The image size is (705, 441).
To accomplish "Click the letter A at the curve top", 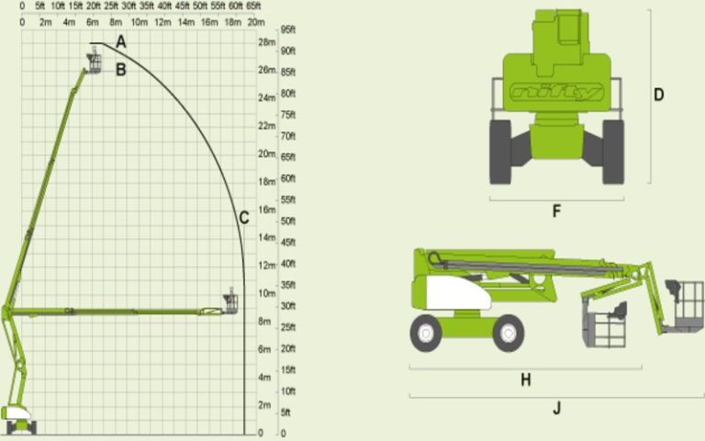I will tap(121, 41).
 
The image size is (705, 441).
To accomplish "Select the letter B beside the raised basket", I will tap(120, 69).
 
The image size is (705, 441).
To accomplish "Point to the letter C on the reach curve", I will tap(243, 218).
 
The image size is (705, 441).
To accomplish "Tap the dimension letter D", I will tap(658, 94).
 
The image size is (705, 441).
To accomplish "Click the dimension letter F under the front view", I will tap(556, 211).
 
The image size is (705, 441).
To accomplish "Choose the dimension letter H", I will tap(526, 379).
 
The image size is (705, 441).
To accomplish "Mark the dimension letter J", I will tap(556, 409).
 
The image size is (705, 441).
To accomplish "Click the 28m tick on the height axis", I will tap(267, 42).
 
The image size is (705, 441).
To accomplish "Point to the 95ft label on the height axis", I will tap(287, 28).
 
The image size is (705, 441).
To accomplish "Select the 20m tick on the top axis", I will tap(256, 20).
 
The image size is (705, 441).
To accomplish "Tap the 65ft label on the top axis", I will tap(253, 6).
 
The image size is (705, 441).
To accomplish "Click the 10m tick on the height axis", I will tap(267, 293).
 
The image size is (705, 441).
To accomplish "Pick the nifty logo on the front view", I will tap(556, 92).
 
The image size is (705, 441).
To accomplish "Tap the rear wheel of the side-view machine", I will tap(427, 333).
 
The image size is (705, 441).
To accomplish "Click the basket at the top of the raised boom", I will tap(94, 62).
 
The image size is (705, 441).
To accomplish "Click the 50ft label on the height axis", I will tap(287, 221).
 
